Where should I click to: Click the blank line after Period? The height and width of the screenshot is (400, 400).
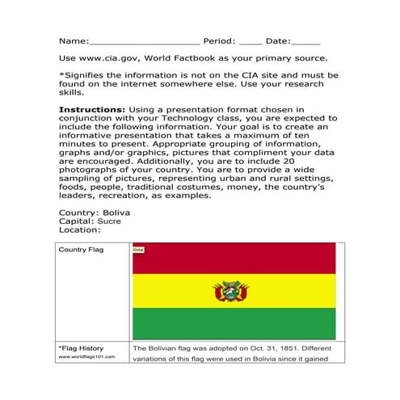(x=250, y=41)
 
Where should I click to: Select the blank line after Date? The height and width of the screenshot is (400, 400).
(x=305, y=41)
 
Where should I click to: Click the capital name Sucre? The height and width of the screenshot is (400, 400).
(x=110, y=221)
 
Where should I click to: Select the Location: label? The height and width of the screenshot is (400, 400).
(x=81, y=229)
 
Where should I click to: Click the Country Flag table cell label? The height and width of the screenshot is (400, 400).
(x=80, y=250)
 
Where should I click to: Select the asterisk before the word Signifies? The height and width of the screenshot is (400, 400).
(x=61, y=75)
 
